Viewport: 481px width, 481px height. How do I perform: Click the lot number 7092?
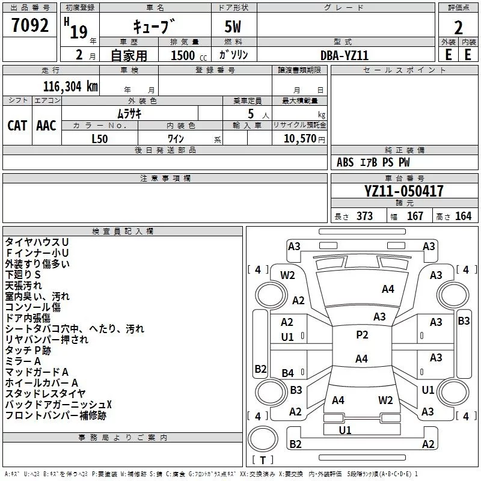[30, 25]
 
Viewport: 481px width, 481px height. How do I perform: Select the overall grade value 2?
[458, 28]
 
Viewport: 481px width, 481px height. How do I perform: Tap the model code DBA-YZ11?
[344, 55]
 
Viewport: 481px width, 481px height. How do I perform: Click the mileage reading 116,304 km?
[70, 87]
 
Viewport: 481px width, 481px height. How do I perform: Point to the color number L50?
[100, 139]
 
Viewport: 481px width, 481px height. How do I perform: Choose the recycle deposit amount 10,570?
[299, 139]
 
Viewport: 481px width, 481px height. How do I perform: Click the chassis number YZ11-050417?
[403, 191]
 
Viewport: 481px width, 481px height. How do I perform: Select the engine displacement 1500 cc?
[189, 55]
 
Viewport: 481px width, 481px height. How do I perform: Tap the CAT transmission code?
[17, 126]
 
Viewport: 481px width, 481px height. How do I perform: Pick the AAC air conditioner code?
[46, 126]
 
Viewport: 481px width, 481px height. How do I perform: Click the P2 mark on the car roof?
[362, 335]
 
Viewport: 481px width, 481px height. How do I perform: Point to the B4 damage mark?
[288, 373]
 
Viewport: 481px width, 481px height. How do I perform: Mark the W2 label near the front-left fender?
[287, 275]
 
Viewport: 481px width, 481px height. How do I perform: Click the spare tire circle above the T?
[263, 438]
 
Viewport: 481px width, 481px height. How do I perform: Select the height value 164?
[463, 216]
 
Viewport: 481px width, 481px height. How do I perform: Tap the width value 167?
[415, 216]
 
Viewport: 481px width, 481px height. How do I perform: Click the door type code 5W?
[233, 26]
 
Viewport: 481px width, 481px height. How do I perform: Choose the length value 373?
[364, 216]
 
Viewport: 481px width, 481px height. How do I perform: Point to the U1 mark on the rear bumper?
[345, 430]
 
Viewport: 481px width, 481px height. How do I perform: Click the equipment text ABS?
[345, 162]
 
